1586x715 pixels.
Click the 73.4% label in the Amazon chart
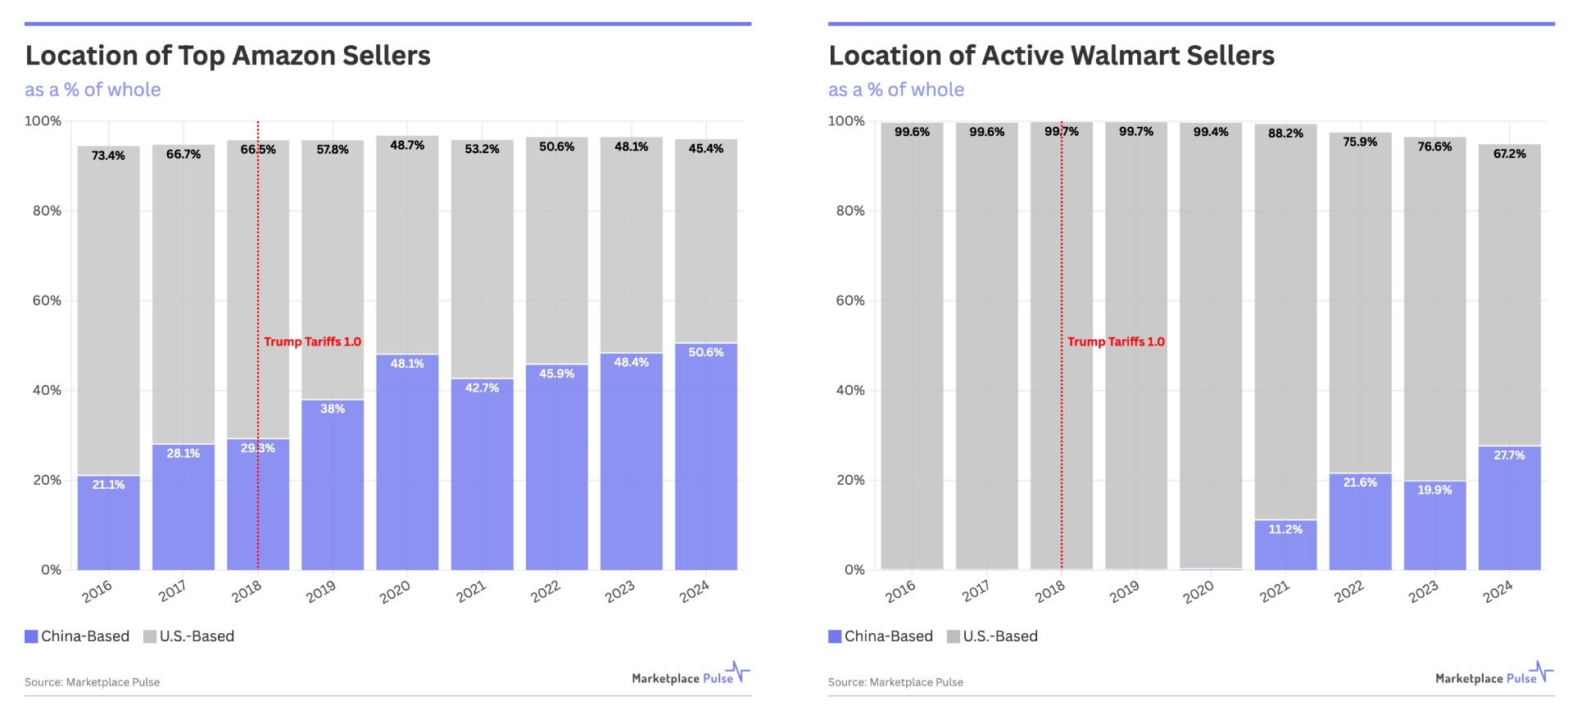(108, 156)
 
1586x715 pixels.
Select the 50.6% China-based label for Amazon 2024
(705, 352)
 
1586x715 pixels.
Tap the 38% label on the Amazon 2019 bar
(333, 409)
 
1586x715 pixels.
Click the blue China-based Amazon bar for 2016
(108, 524)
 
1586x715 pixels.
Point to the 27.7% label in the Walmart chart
(1509, 455)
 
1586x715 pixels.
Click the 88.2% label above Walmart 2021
(1285, 133)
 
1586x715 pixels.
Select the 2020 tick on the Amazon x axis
(395, 591)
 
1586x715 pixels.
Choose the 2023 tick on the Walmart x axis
(1423, 591)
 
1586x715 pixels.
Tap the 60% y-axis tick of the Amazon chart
(47, 301)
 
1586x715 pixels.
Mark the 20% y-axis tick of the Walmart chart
(850, 480)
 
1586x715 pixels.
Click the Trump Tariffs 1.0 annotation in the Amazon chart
(312, 342)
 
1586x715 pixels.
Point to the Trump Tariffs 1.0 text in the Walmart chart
(1116, 342)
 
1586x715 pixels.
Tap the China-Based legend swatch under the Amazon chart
(32, 636)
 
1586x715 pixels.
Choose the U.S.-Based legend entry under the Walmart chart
(999, 636)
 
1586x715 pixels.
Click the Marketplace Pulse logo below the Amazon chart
(691, 676)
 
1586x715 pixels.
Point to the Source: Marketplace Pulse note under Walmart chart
(895, 682)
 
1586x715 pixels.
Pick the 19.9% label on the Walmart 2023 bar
(1434, 490)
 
